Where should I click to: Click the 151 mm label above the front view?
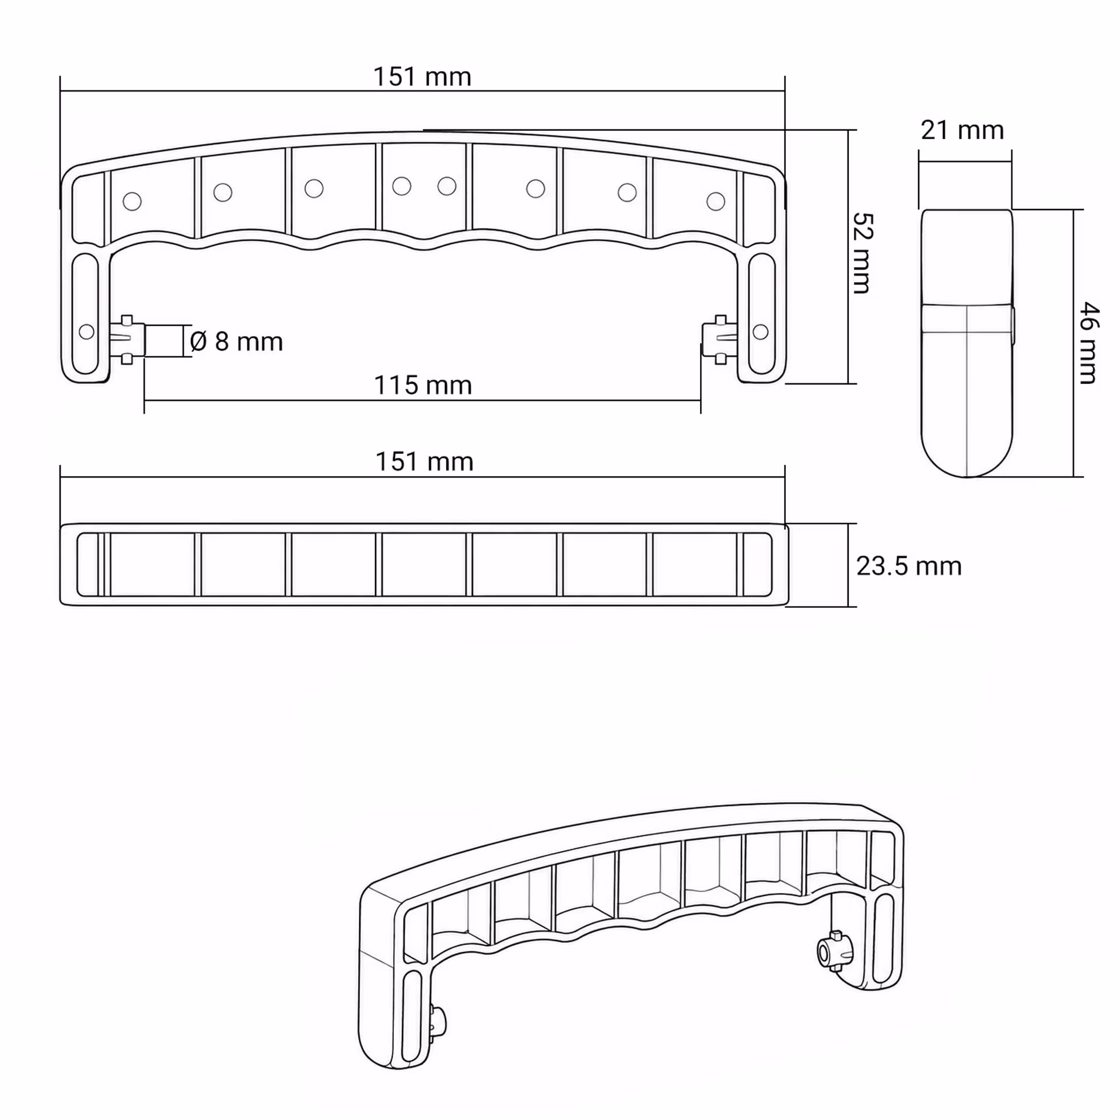pos(422,77)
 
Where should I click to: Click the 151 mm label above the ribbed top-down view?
pos(424,462)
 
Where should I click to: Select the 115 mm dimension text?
pos(422,386)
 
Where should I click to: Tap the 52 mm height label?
pos(863,253)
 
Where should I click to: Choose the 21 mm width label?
pos(963,130)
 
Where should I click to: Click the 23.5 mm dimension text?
pos(909,566)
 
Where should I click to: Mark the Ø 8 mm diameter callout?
pos(236,341)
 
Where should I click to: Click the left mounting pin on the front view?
pos(128,340)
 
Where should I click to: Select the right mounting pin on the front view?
pos(720,339)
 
